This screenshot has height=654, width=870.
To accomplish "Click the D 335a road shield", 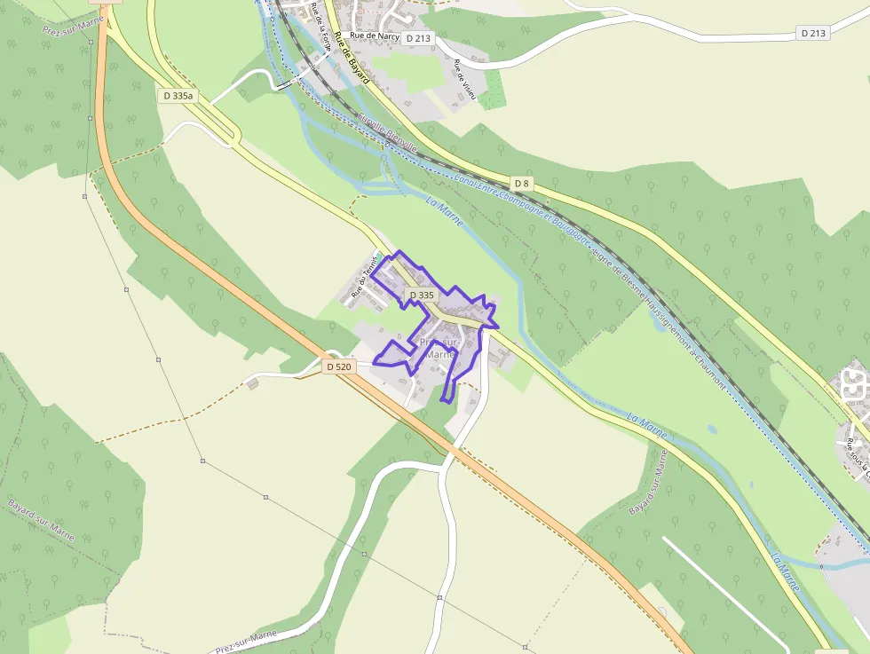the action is [x=178, y=95].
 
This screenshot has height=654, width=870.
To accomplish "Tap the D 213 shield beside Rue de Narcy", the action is [x=416, y=38].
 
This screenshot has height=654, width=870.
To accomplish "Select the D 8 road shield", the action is [x=522, y=184].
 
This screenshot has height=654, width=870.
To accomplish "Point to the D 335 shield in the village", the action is [x=422, y=295].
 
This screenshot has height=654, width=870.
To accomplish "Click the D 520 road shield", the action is [x=339, y=366].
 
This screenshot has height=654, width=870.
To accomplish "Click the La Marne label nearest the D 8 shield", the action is [x=445, y=212].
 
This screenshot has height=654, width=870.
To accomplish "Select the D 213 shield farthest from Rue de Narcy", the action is [x=812, y=33].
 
